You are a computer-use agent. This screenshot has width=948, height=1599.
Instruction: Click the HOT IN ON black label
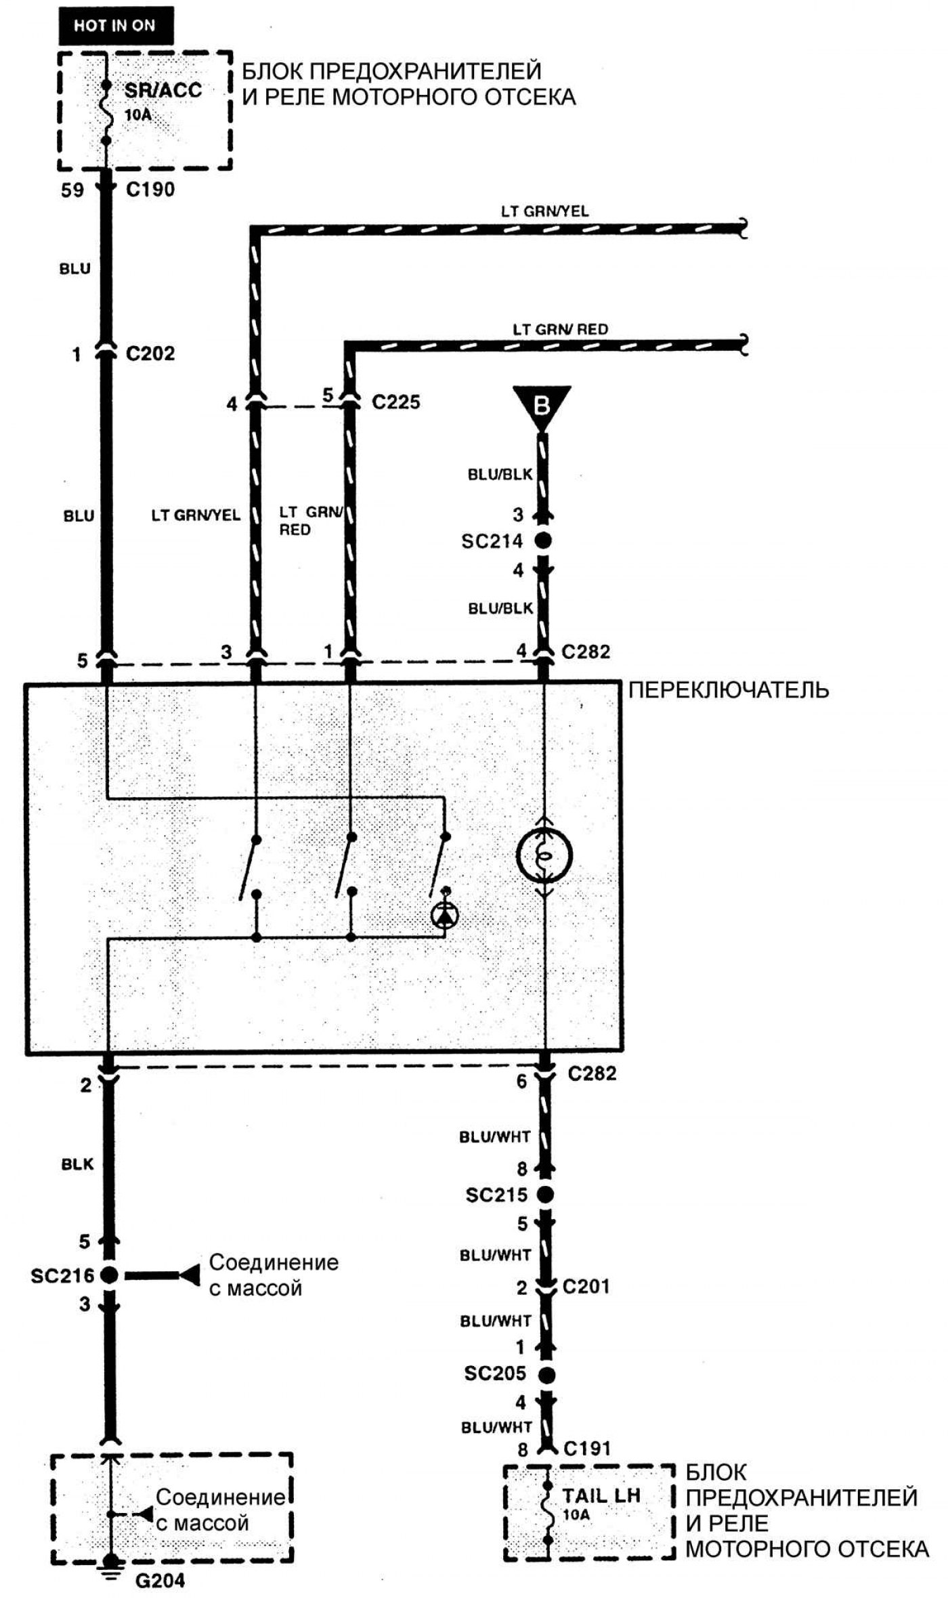click(116, 26)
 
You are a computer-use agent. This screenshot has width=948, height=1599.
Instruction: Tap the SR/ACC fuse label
click(163, 90)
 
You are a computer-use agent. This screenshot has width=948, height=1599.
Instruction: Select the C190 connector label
click(150, 190)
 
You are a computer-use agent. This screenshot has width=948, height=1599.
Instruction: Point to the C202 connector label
click(150, 354)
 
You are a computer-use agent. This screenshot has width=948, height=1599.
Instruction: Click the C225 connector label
click(396, 402)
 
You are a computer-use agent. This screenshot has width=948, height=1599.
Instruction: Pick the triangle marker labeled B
click(542, 405)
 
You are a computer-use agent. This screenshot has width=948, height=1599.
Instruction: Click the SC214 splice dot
click(542, 541)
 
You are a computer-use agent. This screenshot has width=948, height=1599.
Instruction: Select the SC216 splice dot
click(108, 1275)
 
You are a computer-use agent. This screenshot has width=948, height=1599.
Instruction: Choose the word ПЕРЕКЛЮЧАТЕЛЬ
click(729, 690)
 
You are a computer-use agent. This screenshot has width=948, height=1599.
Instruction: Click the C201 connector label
click(586, 1286)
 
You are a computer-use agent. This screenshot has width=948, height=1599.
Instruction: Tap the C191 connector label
click(588, 1449)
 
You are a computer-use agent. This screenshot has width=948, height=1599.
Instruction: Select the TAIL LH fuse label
click(601, 1495)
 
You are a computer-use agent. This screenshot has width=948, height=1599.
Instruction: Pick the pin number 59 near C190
click(72, 190)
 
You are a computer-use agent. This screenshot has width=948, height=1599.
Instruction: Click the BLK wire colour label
click(78, 1164)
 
